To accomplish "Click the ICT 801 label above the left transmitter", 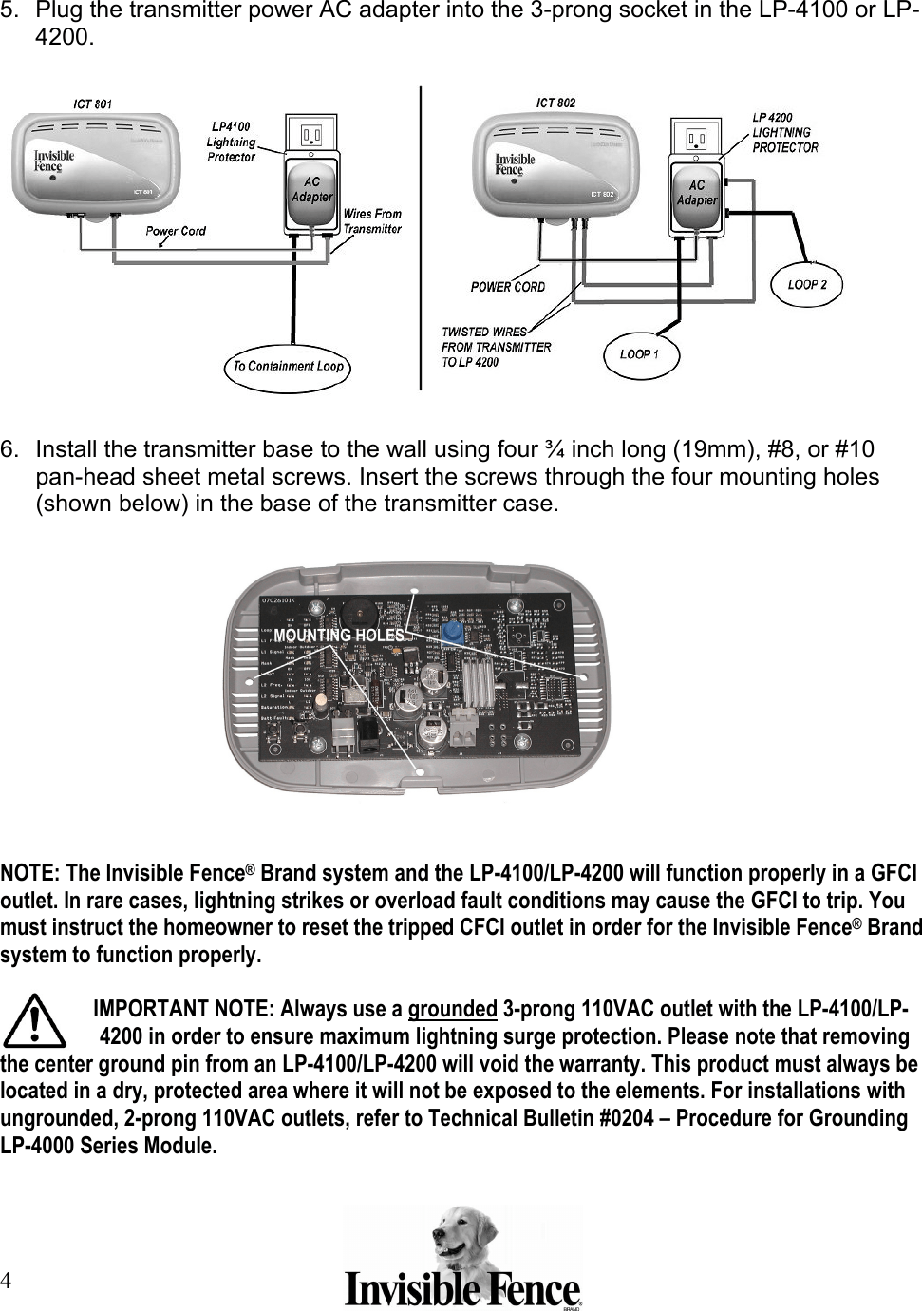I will (92, 104).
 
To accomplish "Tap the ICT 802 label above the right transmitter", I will (555, 103).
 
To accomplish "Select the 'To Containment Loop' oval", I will (288, 367).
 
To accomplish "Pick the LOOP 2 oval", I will (807, 284).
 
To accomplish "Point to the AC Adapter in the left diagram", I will (311, 190).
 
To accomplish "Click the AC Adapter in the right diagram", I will (697, 193).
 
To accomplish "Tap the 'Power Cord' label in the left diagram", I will (176, 231).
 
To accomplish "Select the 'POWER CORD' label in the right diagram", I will (508, 287).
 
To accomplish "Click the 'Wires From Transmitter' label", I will (372, 221).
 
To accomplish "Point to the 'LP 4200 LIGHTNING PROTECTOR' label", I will (784, 133).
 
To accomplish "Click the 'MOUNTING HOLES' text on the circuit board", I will (339, 636).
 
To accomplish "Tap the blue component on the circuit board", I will (453, 631).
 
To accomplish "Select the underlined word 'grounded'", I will (452, 1009).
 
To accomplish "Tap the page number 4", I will (7, 1281).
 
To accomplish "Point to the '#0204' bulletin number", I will (627, 1118).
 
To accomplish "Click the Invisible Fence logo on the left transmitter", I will (54, 161).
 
